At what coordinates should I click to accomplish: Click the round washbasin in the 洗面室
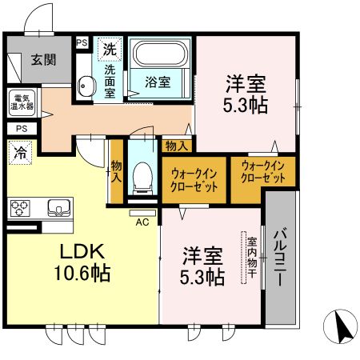(x=86, y=83)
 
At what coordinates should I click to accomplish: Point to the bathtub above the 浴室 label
(x=160, y=55)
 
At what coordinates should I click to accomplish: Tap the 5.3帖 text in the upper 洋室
(x=245, y=106)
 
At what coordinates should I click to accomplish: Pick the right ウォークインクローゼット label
(x=263, y=170)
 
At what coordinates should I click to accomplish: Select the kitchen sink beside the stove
(x=58, y=208)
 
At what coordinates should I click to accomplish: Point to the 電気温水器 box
(x=18, y=102)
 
